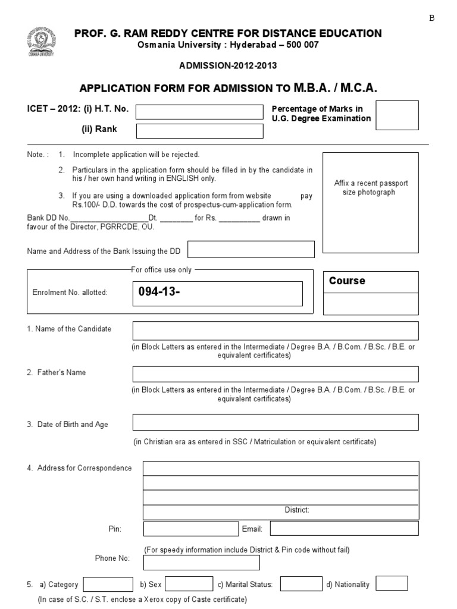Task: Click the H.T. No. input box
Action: point(199,112)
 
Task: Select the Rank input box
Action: point(199,131)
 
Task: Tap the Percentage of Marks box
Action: point(397,115)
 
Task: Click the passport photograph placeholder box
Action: point(370,202)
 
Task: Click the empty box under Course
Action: point(370,304)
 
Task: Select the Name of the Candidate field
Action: point(275,331)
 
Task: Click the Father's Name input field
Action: point(275,374)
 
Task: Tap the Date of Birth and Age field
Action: point(275,422)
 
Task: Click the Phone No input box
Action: point(202,563)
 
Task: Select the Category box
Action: point(108,584)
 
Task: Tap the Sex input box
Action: point(189,584)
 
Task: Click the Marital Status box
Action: point(301,584)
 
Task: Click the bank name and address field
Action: point(251,250)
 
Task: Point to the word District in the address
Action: point(296,510)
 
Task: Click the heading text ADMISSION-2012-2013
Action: point(228,65)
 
